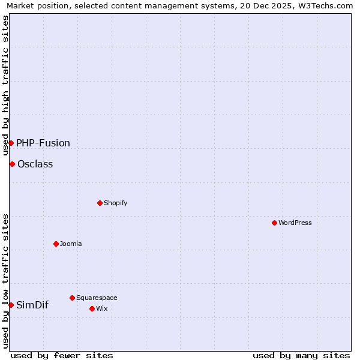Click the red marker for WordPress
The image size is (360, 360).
point(274,223)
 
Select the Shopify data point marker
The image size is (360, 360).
point(100,203)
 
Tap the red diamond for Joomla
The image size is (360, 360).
point(56,244)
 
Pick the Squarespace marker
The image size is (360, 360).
point(72,298)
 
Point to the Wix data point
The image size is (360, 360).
point(92,308)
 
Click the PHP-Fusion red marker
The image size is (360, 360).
point(11,143)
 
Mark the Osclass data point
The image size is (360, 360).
point(12,164)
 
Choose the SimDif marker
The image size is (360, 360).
point(11,305)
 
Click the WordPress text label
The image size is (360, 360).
point(295,223)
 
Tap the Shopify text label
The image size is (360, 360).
point(116,203)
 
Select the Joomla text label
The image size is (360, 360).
point(71,244)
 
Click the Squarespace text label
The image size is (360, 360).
point(97,298)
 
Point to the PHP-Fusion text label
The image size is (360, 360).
point(43,143)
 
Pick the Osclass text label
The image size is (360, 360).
point(35,164)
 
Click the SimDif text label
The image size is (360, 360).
point(32,305)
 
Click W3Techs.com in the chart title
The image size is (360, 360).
point(322,6)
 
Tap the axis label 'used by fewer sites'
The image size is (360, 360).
point(62,355)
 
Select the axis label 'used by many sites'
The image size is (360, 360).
point(301,355)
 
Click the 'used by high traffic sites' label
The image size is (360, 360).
point(6,85)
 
